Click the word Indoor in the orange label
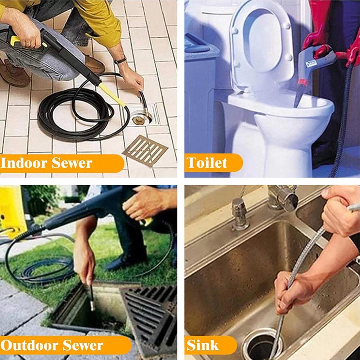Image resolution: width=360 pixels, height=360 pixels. (24, 163)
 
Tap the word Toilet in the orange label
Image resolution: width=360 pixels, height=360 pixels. (207, 163)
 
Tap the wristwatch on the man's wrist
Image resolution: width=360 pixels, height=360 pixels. (120, 61)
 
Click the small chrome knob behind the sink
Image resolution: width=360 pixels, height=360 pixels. (239, 214)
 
